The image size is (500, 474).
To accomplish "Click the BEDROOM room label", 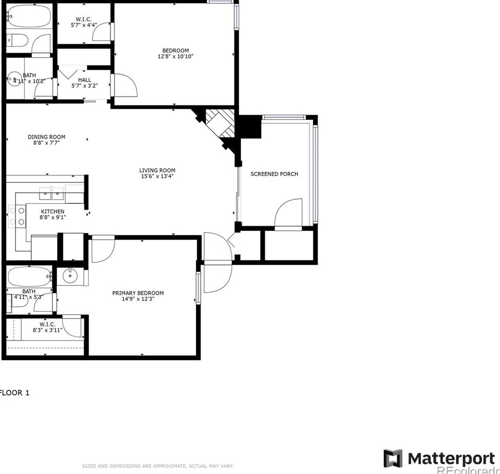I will pyautogui.click(x=175, y=51).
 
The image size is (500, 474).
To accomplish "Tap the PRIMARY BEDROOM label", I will pyautogui.click(x=138, y=293).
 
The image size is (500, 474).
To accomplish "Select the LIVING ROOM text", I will pyautogui.click(x=157, y=171).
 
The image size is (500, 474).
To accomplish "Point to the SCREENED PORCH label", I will pyautogui.click(x=274, y=174).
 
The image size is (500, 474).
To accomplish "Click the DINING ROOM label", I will pyautogui.click(x=46, y=137).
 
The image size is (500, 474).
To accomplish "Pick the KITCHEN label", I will pyautogui.click(x=53, y=211).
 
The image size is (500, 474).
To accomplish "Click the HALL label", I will pyautogui.click(x=85, y=80).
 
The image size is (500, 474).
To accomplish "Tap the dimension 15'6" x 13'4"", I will pyautogui.click(x=157, y=177).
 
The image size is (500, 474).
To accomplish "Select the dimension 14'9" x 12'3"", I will pyautogui.click(x=138, y=299).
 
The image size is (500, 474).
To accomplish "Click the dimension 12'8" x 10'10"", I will pyautogui.click(x=175, y=56).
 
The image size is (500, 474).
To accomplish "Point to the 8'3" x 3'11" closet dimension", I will pyautogui.click(x=47, y=330).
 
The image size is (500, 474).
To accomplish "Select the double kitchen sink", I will pyautogui.click(x=51, y=194).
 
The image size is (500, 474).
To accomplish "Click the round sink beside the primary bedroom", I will pyautogui.click(x=70, y=276).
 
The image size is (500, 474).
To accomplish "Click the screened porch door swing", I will pyautogui.click(x=288, y=213).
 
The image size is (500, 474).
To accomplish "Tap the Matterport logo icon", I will pyautogui.click(x=393, y=458).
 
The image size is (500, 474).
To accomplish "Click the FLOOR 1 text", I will pyautogui.click(x=15, y=392).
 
